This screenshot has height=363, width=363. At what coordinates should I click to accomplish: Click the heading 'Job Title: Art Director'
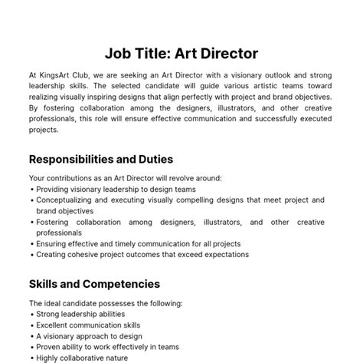(x=181, y=54)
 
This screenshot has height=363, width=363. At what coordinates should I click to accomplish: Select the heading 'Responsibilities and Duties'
(x=100, y=160)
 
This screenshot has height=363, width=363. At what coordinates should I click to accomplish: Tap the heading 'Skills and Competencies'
(x=94, y=284)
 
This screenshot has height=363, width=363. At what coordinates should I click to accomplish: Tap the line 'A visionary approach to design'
(x=88, y=335)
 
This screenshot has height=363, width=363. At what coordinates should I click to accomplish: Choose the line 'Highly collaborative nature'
(x=81, y=357)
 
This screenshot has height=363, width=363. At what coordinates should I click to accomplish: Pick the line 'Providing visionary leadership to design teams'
(x=116, y=189)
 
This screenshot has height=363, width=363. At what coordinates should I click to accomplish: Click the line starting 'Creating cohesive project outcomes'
(x=142, y=255)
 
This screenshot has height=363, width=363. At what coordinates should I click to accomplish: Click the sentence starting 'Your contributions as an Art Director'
(x=125, y=178)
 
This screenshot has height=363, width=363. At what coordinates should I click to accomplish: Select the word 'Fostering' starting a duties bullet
(x=53, y=222)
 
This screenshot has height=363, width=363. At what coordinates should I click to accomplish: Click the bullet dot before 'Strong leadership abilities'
(x=31, y=315)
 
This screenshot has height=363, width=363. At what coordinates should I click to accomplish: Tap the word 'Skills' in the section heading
(x=46, y=284)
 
